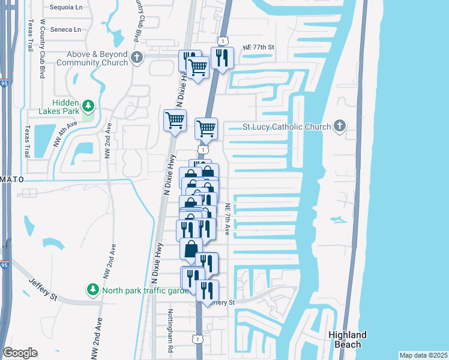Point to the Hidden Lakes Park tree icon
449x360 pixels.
coord(88,106)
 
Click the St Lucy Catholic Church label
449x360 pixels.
coord(286,127)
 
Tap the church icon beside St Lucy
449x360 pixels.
coord(340,126)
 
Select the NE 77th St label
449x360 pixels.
coord(258,47)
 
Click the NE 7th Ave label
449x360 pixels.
coord(228,215)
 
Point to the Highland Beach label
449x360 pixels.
coord(348,340)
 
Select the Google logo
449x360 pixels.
coord(20,353)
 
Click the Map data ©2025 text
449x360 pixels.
coord(423,355)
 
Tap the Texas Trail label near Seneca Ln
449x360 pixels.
coord(29,38)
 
